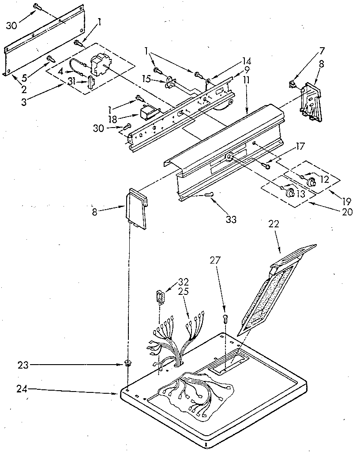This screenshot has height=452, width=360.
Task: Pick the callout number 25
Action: pos(184,292)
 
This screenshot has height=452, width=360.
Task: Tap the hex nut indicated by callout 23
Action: pos(128,364)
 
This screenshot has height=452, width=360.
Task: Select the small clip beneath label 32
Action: pos(160,296)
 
